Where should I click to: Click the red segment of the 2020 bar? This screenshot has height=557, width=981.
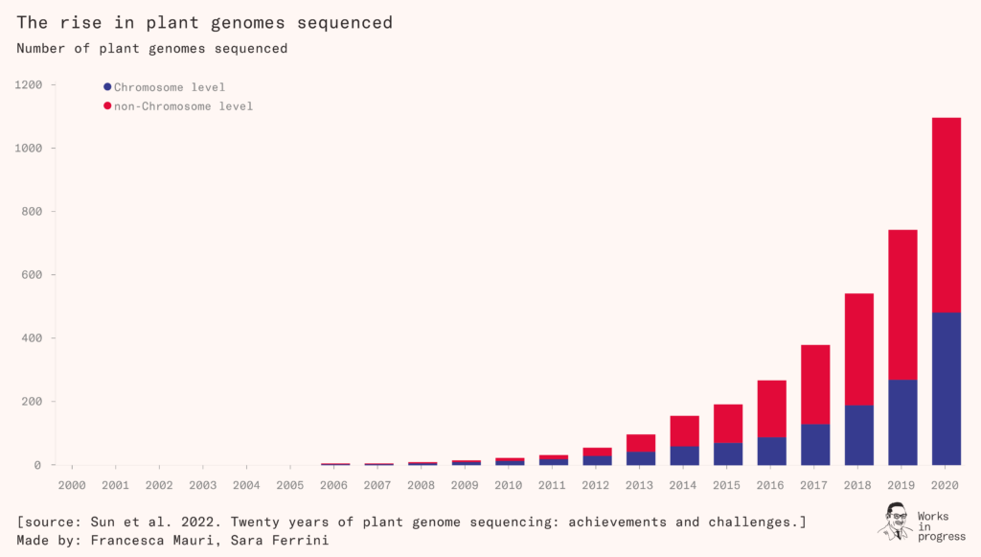coord(946,215)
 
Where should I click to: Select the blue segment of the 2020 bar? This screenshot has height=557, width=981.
coord(946,388)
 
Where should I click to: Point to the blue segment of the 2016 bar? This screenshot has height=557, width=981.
coord(771,451)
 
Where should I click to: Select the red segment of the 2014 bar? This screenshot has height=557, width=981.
coord(684,430)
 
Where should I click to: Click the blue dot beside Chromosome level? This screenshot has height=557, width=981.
coord(107,87)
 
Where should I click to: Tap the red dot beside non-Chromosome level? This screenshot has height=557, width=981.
coord(107,105)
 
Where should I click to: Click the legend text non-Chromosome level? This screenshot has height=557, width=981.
coord(183,106)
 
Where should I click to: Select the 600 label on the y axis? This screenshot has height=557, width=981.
coord(33,275)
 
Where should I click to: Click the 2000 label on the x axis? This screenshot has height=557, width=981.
coord(73,485)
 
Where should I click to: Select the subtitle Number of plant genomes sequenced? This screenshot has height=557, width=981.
coord(151,48)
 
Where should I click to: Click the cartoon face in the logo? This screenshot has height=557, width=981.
coord(896,519)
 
